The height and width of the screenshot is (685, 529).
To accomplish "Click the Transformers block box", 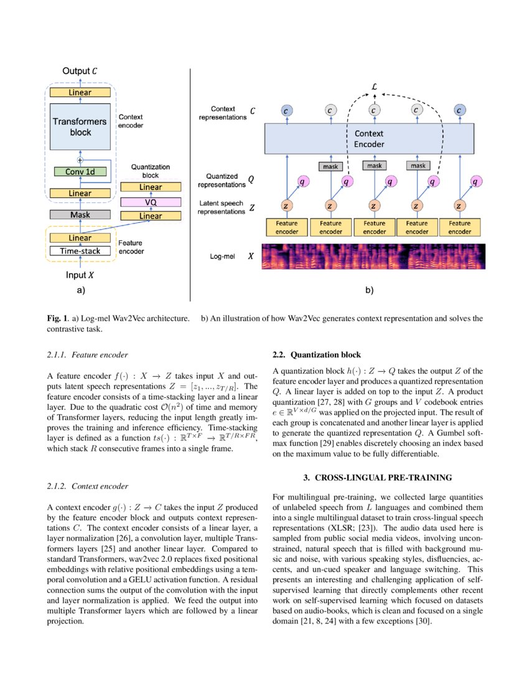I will coord(80,126).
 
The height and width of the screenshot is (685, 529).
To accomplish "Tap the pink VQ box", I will coord(150,202).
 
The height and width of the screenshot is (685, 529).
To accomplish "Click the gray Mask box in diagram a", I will coord(80,215).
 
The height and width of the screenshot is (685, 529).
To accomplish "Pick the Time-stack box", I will coord(80,251).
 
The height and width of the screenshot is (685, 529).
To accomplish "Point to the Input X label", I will coord(80,275).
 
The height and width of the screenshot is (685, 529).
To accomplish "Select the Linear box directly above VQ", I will coord(150,187).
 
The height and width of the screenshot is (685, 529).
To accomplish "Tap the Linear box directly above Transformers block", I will coord(80,93).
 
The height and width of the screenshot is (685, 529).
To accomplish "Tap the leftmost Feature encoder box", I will coord(287,227).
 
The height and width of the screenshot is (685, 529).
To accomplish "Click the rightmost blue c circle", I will coord(459,110).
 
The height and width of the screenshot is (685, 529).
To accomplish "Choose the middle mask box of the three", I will coord(374,166).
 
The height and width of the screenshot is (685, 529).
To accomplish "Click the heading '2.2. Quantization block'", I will coord(317,355).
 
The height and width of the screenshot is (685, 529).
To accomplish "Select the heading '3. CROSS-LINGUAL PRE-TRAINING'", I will coord(378,478).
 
